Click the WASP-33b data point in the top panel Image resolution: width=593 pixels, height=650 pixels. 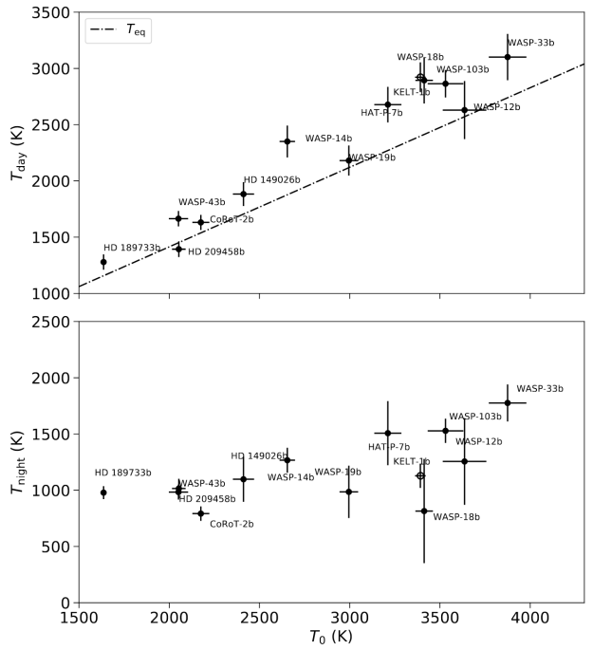508,57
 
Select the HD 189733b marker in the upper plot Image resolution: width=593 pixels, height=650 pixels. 103,262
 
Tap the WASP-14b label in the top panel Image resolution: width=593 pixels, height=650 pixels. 328,139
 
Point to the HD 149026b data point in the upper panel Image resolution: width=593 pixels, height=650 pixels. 244,194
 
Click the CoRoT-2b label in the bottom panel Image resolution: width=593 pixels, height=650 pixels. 232,524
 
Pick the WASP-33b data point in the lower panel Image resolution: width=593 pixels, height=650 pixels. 508,402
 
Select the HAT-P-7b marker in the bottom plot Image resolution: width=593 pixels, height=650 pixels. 387,433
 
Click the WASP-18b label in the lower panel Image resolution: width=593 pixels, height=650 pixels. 456,517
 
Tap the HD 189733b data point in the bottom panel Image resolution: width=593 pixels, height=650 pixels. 103,492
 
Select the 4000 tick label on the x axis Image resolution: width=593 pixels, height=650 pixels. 529,618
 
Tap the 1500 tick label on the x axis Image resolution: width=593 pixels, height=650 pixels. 79,618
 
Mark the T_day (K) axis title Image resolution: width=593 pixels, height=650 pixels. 16,154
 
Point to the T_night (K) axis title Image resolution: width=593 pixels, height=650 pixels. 16,462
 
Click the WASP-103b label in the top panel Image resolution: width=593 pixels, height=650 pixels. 462,69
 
